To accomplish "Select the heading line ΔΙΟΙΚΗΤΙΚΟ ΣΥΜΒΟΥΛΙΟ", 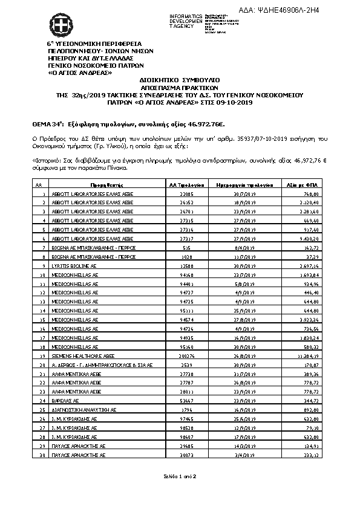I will coord(180,79).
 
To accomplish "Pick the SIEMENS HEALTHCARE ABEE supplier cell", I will coord(80,357).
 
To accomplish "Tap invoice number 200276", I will coord(186,357).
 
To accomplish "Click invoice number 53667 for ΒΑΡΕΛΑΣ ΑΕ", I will coord(186,401).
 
